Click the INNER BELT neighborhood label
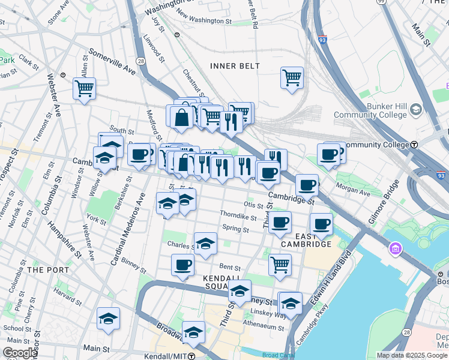coord(235,66)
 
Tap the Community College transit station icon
coord(414,145)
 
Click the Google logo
coord(20,353)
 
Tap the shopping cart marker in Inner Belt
coord(292,77)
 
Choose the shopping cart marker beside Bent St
coord(280,264)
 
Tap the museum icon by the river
coord(396,248)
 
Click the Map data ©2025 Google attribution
coord(411,355)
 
